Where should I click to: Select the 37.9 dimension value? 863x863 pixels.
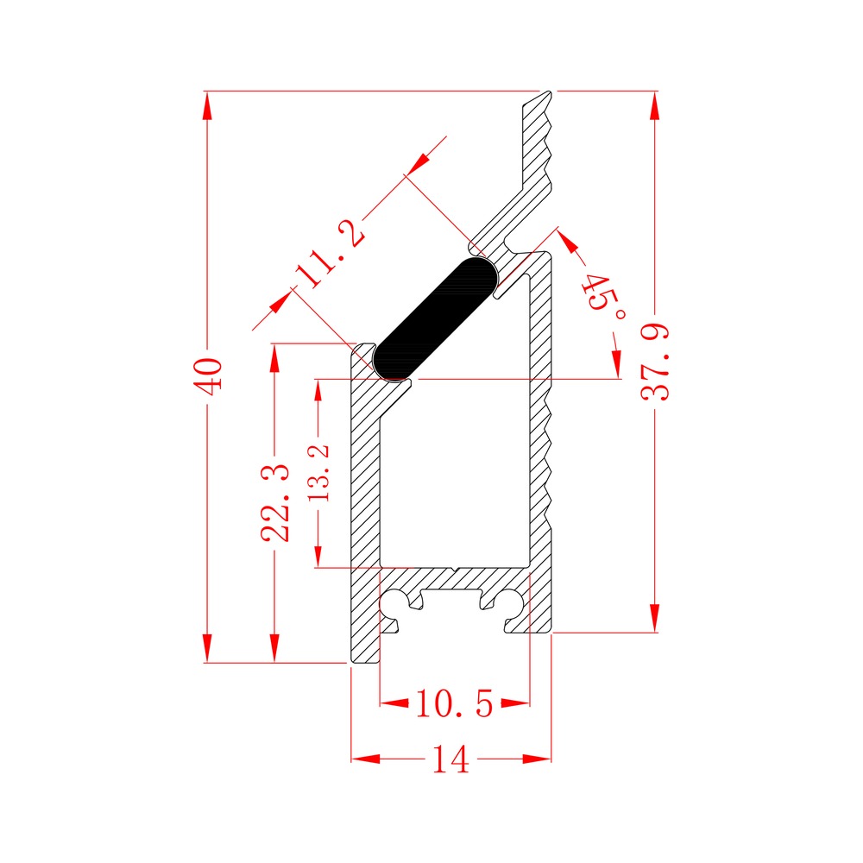tap(656, 362)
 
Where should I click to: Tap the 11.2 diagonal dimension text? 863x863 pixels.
tap(329, 254)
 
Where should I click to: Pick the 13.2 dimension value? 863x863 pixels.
tap(318, 472)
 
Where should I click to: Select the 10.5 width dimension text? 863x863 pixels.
tap(455, 703)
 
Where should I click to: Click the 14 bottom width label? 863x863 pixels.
tap(450, 759)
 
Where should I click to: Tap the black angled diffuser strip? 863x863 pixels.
tap(435, 318)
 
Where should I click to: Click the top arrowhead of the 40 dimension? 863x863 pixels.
tap(207, 105)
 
